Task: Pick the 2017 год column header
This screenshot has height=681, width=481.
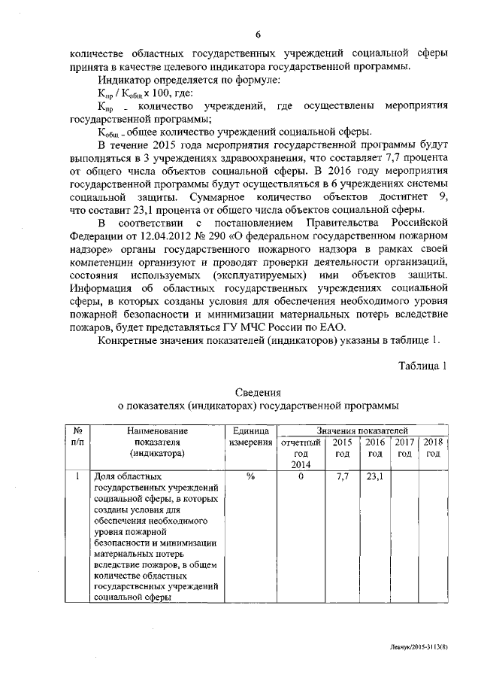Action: [404, 448]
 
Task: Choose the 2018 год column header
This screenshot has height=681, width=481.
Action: [434, 448]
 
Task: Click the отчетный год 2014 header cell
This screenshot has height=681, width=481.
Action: [301, 454]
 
